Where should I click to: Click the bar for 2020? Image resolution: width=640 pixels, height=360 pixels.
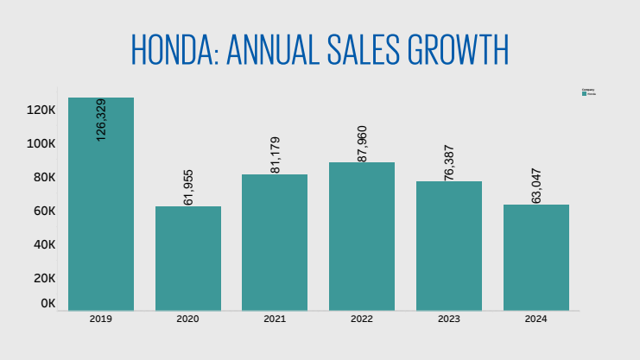[x=188, y=258]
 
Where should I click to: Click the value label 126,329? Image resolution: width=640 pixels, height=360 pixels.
[x=101, y=119]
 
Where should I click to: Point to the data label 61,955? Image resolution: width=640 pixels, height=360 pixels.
[x=188, y=186]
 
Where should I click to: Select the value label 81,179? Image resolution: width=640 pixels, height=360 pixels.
[x=276, y=155]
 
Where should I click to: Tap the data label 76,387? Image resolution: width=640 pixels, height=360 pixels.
[x=449, y=161]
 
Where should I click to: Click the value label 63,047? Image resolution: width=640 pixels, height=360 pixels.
[x=536, y=185]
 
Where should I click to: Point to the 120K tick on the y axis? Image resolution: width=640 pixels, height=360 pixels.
[x=41, y=110]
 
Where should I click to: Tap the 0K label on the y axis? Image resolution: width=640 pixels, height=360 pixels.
[x=48, y=303]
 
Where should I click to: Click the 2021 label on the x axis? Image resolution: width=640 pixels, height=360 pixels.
[x=275, y=319]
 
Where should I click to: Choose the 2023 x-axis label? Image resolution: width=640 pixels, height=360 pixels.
[x=449, y=319]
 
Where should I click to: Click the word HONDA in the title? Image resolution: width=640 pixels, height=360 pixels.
[x=174, y=50]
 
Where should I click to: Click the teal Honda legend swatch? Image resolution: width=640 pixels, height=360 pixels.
[x=585, y=93]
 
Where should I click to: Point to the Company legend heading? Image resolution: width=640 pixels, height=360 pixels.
[x=588, y=90]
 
